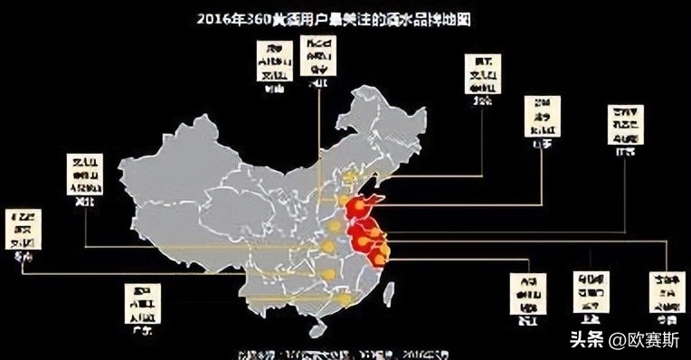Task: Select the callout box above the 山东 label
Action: point(542,115)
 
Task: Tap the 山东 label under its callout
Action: point(542,142)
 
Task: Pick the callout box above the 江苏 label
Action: point(626,124)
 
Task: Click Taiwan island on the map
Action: point(390,291)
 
